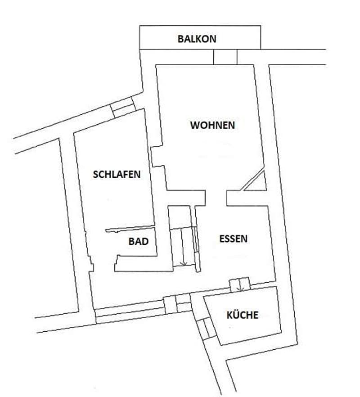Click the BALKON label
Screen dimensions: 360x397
(x=197, y=39)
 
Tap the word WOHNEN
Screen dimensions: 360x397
(x=212, y=125)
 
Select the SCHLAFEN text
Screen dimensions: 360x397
(x=117, y=175)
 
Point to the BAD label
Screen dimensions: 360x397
(x=139, y=241)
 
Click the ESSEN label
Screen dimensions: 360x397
(x=233, y=239)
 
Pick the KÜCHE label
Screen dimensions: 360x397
(x=242, y=315)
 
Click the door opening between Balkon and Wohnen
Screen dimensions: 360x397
(x=225, y=57)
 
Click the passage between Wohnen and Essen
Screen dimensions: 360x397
(x=216, y=198)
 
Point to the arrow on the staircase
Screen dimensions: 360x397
(x=184, y=263)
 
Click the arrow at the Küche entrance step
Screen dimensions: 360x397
(x=240, y=289)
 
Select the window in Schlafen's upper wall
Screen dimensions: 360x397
(x=123, y=107)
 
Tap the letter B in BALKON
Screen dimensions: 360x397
(x=180, y=39)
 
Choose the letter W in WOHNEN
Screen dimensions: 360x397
(x=194, y=125)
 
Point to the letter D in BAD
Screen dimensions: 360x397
(x=145, y=241)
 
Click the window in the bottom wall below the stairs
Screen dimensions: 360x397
(x=177, y=304)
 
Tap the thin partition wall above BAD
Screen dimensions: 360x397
(x=130, y=229)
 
